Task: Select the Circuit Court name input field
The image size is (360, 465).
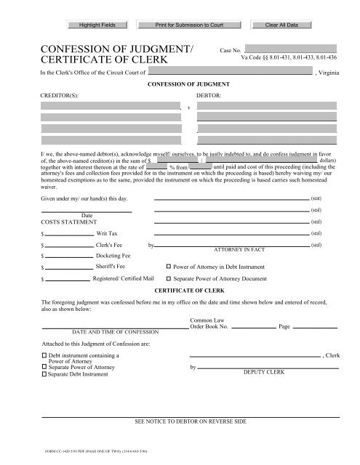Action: point(230,73)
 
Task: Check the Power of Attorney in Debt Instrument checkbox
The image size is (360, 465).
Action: point(170,267)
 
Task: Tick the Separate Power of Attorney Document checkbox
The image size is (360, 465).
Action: point(170,278)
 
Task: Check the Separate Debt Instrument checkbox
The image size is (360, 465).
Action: point(44,374)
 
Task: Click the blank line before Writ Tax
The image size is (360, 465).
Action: point(69,235)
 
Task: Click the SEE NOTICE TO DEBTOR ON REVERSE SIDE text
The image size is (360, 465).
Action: point(191,421)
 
